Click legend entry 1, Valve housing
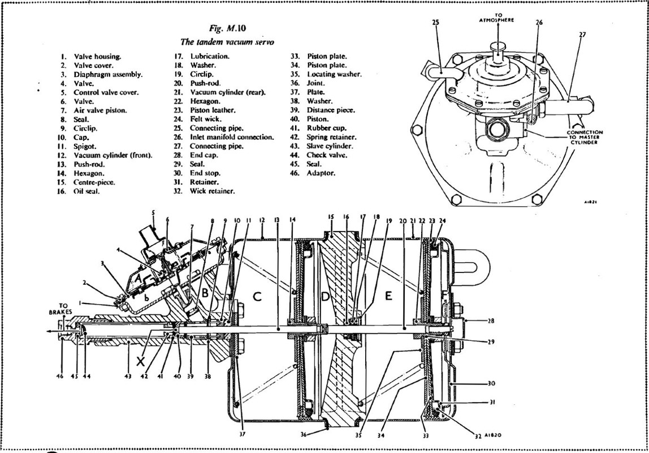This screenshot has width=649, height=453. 97,56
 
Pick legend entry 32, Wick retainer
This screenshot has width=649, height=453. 212,191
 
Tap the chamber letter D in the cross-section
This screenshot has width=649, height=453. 324,297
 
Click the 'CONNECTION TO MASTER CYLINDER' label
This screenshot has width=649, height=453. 585,137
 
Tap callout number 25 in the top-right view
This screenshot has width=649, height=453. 435,23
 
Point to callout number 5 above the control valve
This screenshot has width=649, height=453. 152,213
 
